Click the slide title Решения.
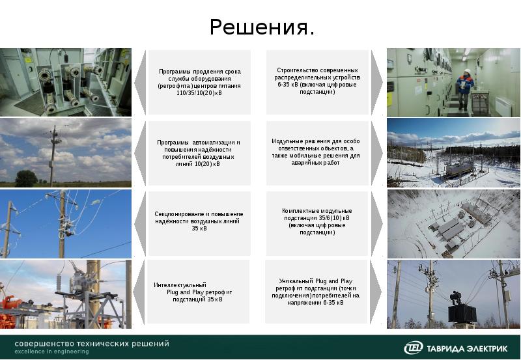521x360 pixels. (x=262, y=28)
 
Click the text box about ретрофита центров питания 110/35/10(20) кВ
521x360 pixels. (x=199, y=82)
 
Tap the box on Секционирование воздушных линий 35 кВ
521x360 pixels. (x=199, y=221)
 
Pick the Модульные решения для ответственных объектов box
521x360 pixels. (x=315, y=152)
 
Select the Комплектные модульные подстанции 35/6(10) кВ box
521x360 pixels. (x=317, y=222)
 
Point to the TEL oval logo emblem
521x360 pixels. (x=414, y=348)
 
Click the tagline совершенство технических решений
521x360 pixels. (x=92, y=343)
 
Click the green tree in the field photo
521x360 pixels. (x=25, y=178)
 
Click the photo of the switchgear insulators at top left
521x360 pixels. (x=65, y=82)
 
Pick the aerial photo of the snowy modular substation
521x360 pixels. (x=454, y=224)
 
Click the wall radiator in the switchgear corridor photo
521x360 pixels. (x=505, y=105)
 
